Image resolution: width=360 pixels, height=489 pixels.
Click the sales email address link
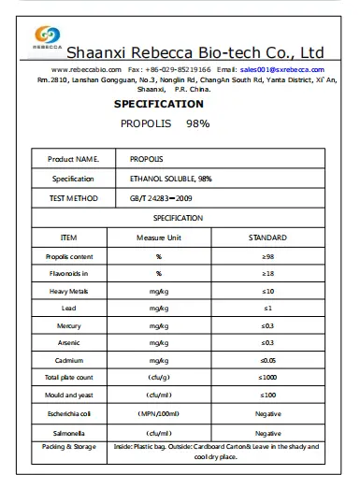(281, 70)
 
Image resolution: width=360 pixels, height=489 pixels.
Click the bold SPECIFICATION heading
(158, 104)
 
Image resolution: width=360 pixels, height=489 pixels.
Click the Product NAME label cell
(73, 159)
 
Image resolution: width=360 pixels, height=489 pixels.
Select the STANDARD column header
(267, 237)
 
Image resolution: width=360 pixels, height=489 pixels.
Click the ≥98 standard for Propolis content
(267, 256)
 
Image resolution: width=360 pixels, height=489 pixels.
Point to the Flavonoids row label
(67, 273)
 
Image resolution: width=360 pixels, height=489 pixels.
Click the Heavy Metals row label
(67, 291)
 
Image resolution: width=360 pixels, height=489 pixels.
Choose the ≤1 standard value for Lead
(267, 309)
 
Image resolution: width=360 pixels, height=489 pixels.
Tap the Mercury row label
(67, 325)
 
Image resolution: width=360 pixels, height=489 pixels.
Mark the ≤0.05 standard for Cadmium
(267, 361)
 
